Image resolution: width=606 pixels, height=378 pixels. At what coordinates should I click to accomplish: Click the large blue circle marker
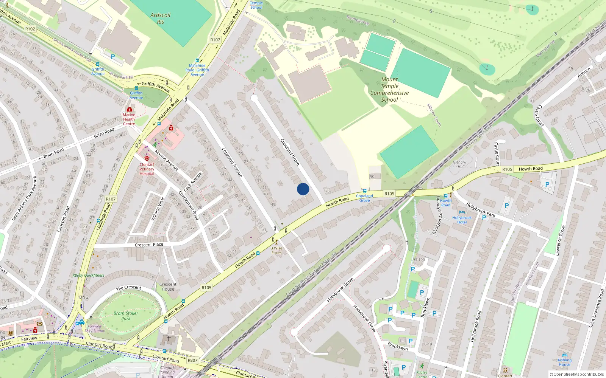pos(303,189)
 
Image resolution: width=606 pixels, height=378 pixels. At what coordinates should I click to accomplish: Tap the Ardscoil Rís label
pos(160,19)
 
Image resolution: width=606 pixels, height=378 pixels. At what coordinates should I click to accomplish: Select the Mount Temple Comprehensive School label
pos(389,90)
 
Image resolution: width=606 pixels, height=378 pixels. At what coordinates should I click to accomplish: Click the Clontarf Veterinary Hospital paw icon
pos(147,158)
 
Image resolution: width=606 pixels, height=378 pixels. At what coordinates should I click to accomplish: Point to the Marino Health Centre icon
pos(129,109)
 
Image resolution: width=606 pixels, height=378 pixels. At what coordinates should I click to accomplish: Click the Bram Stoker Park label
pos(126,316)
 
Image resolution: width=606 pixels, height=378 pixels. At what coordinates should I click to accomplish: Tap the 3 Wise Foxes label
pos(276,250)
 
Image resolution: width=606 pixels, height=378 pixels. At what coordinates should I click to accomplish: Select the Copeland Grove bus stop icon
pos(364,191)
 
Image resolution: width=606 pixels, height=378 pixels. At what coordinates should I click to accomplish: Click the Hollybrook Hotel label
pos(462,220)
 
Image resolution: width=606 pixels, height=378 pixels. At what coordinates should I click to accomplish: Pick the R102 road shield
pos(30,29)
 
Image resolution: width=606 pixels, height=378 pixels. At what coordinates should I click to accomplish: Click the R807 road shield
pos(192,360)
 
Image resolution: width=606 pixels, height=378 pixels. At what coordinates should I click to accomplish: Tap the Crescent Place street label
pos(149,245)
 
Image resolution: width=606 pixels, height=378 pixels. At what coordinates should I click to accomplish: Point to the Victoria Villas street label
pos(158,209)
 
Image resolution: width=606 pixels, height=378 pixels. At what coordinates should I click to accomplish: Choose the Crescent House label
pos(168,287)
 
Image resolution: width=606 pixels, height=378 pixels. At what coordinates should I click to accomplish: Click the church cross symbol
pos(169,339)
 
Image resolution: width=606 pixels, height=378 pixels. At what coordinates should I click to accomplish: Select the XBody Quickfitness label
pos(88,275)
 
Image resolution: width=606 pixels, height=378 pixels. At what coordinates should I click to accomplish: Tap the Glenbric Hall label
pos(460,164)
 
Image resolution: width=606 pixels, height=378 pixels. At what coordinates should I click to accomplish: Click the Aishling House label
pos(564,362)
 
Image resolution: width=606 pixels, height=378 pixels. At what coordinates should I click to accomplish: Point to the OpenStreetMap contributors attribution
pos(577,374)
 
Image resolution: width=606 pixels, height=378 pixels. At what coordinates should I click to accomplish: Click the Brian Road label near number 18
pos(104,133)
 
